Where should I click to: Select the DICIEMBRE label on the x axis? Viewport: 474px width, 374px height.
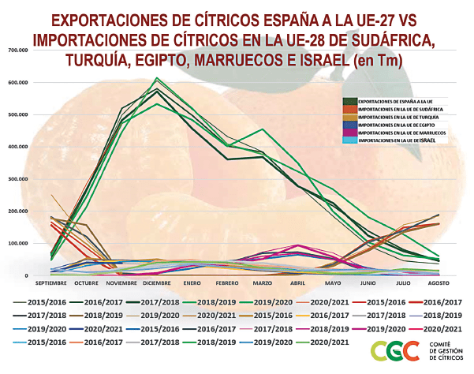pos(159,282)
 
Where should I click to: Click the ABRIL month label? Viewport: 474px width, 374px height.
pos(297,282)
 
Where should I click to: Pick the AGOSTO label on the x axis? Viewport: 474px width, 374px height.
pos(438,282)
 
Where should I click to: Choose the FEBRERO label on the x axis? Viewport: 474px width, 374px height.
pos(227,282)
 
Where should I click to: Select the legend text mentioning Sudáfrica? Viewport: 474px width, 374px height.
pos(398,110)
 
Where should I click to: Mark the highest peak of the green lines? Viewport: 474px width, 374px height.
pos(157,78)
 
